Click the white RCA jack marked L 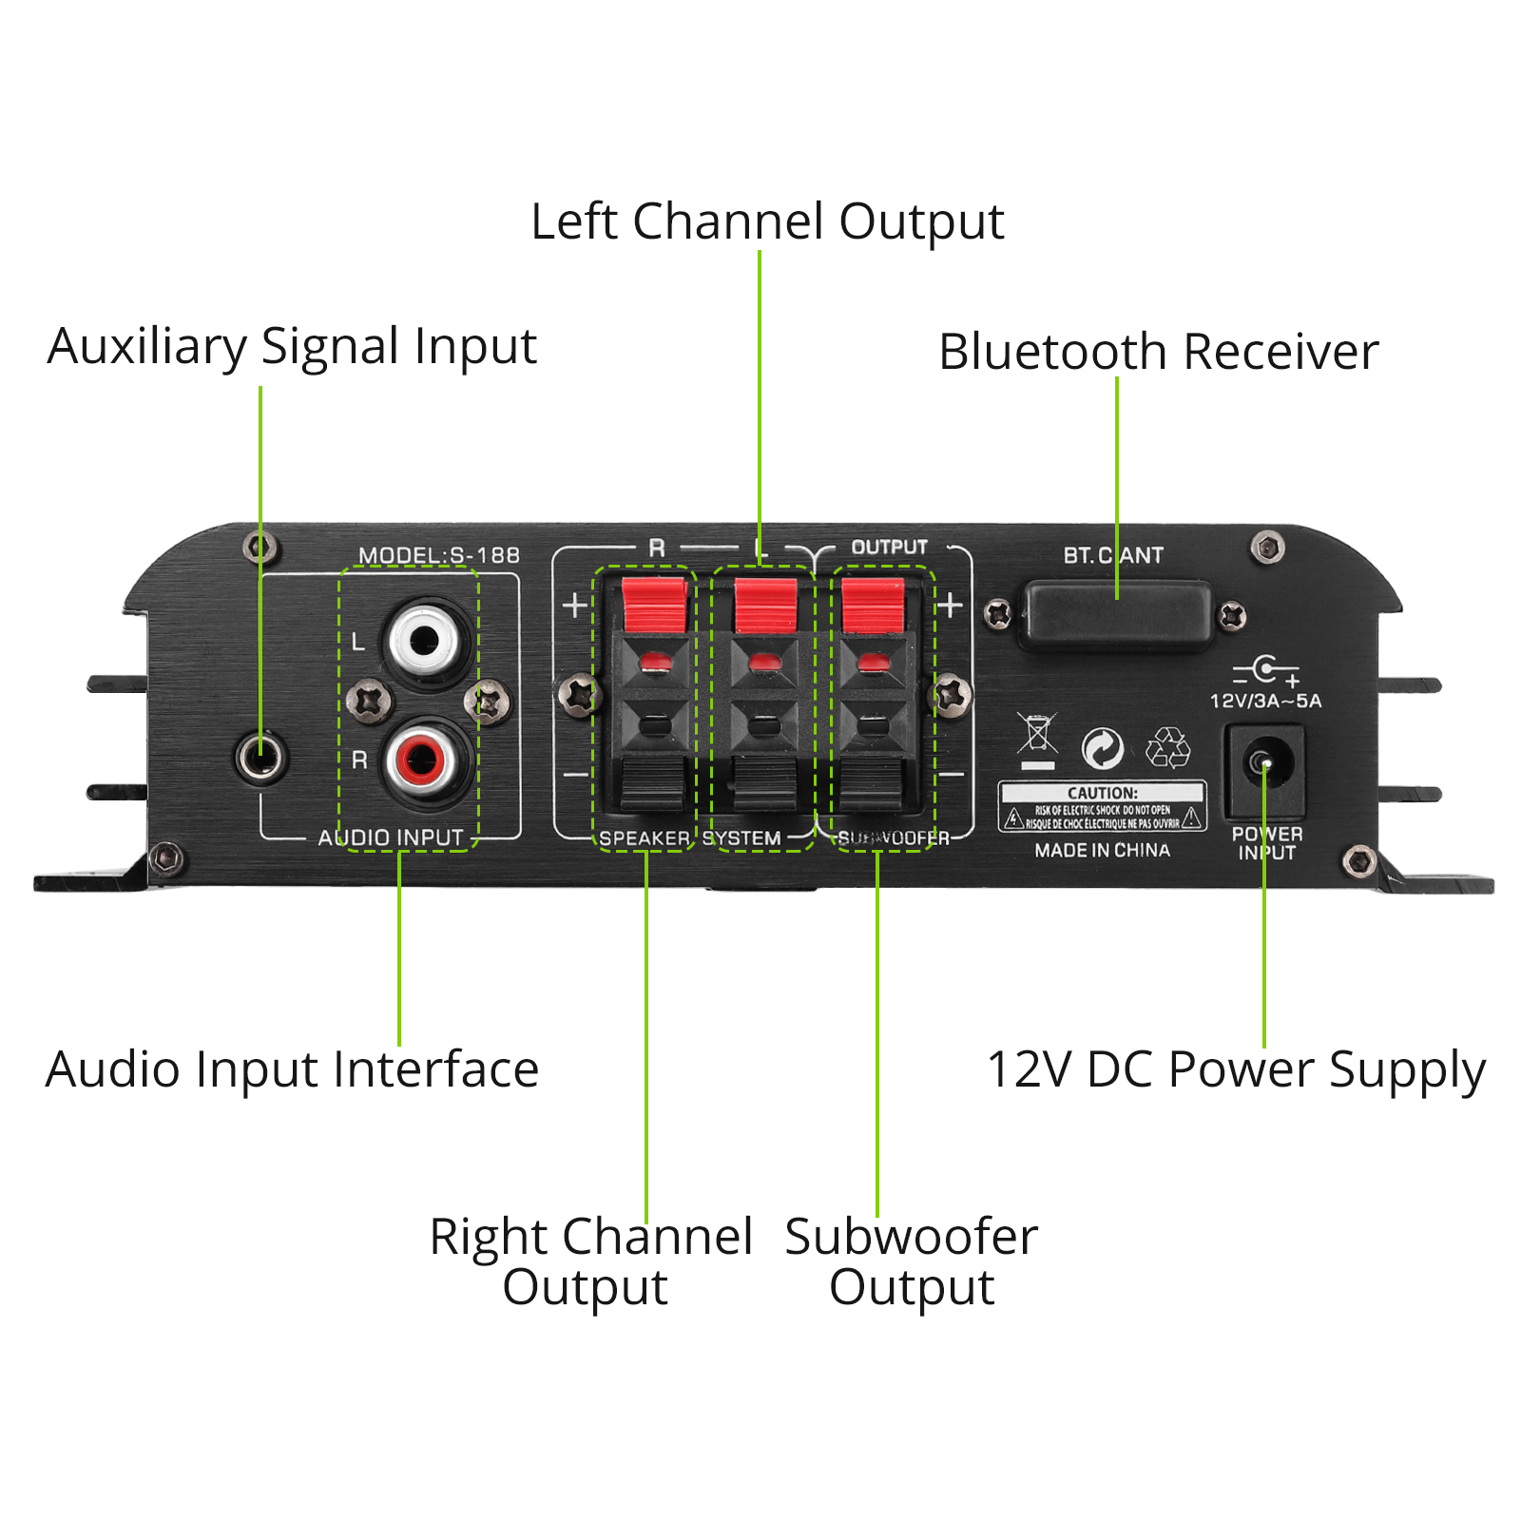pos(424,640)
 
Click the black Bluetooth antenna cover pos(1115,615)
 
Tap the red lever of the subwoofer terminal pos(872,605)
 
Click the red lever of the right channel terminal pos(654,605)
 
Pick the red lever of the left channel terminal pos(764,605)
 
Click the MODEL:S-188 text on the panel pos(439,555)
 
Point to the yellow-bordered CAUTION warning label pos(1102,807)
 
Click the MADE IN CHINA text pos(1102,851)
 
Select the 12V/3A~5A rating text pos(1265,702)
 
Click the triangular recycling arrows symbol pos(1167,747)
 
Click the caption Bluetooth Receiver pos(1158,352)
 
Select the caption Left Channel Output pos(766,221)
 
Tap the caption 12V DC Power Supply pos(1236,1070)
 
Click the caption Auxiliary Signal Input pos(292,346)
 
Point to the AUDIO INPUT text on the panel pos(391,838)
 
